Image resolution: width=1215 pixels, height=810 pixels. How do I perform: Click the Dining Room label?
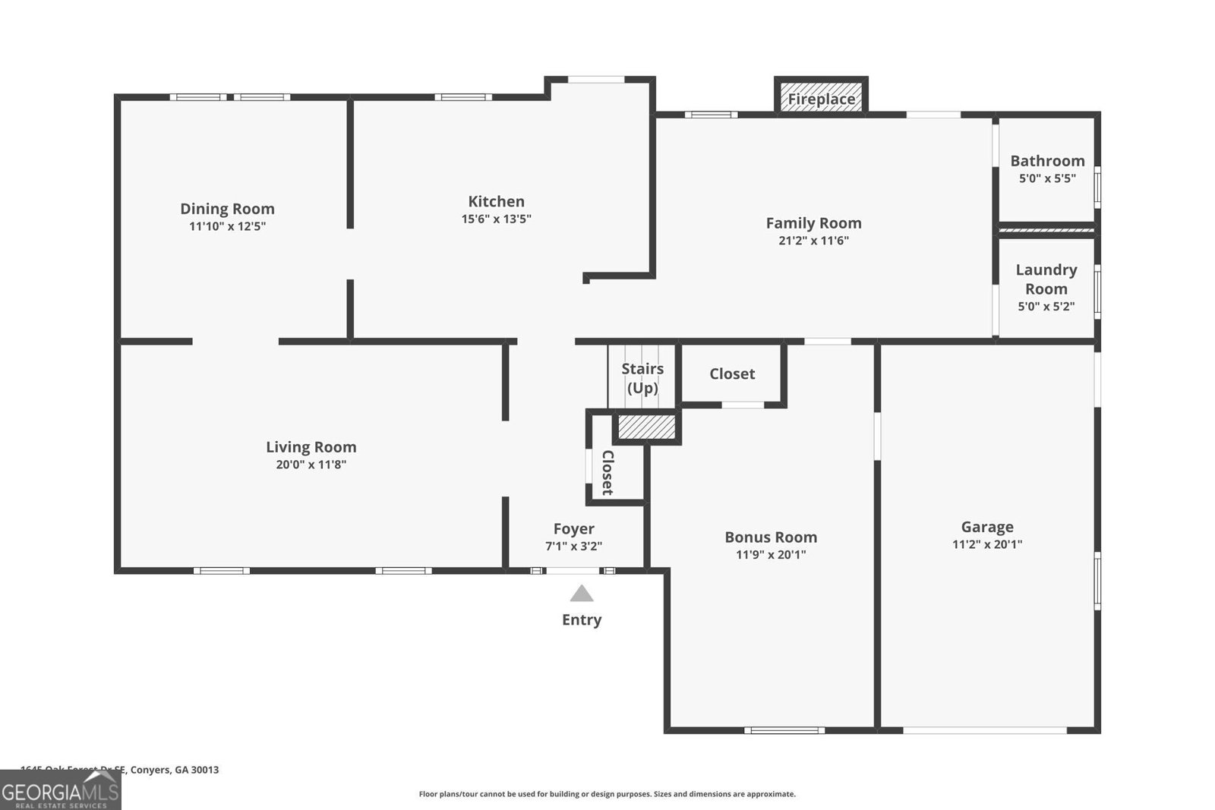(x=227, y=209)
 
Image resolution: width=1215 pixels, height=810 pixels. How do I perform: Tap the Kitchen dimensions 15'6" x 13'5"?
(x=496, y=219)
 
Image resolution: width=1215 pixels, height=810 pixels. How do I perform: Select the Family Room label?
(x=813, y=223)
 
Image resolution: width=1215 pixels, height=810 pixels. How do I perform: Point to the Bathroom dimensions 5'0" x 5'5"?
(x=1047, y=179)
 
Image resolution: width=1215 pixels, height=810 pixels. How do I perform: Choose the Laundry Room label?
(x=1046, y=279)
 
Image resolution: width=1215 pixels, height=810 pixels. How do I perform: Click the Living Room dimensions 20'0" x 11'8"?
(x=311, y=465)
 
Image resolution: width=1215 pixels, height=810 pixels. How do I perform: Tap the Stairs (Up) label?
(x=642, y=378)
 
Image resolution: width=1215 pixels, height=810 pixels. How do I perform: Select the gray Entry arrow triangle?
(x=582, y=594)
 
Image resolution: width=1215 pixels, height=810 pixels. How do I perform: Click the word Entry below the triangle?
(x=582, y=619)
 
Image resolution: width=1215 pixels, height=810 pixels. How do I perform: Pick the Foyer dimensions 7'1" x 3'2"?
(x=573, y=547)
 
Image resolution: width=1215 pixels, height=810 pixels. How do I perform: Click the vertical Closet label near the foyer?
(x=607, y=472)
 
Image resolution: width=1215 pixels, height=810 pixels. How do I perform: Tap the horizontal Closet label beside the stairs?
(x=732, y=373)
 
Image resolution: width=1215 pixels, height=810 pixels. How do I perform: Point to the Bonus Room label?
(x=771, y=537)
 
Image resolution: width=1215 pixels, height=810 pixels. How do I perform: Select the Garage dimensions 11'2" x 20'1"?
(x=987, y=544)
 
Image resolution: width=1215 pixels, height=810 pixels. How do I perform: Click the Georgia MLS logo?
(x=60, y=792)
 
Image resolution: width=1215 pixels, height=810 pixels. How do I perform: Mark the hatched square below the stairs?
(x=646, y=427)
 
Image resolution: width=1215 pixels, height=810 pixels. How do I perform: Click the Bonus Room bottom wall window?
(x=784, y=730)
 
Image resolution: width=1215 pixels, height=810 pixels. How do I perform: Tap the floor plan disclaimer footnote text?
(x=607, y=794)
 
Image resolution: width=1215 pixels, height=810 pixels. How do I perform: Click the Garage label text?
(x=987, y=527)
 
